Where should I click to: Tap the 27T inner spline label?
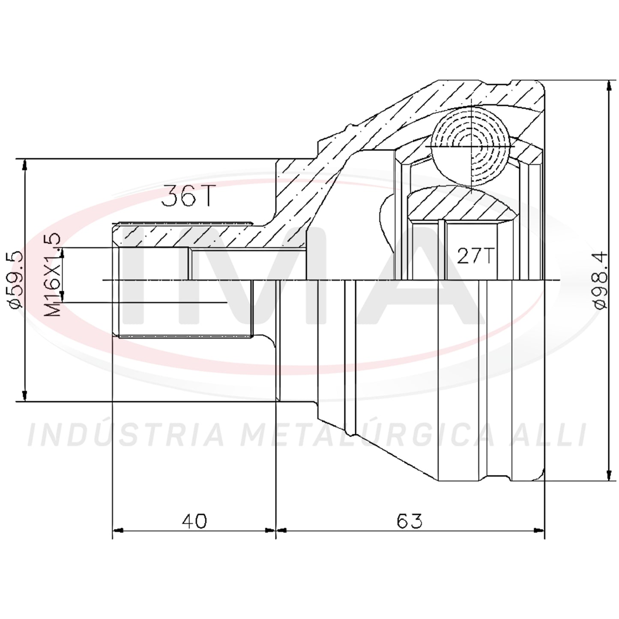point(475,256)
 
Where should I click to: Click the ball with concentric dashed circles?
point(471,147)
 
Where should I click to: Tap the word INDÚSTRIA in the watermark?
point(126,435)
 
